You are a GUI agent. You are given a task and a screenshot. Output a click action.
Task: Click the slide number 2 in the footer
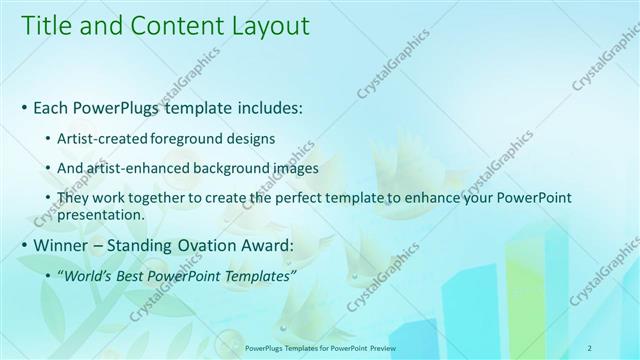(x=590, y=349)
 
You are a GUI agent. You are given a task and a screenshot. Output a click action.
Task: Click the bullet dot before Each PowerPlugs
(x=24, y=106)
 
